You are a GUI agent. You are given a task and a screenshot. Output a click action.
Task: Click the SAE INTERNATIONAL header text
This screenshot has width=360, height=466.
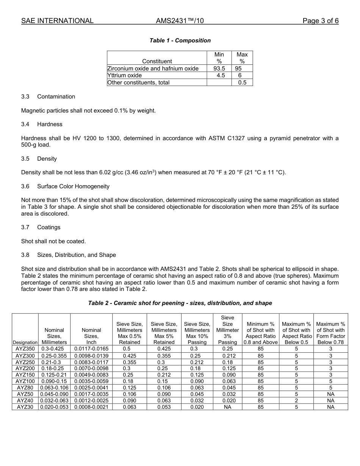[x=57, y=21]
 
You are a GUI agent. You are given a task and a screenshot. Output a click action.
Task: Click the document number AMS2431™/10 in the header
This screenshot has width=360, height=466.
[x=180, y=21]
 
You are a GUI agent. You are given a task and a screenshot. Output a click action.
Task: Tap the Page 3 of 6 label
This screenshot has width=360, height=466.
[x=320, y=21]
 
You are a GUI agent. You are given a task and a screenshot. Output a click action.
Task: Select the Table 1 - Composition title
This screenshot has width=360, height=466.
[x=180, y=41]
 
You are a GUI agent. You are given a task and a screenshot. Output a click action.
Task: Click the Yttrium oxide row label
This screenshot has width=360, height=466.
[x=125, y=75]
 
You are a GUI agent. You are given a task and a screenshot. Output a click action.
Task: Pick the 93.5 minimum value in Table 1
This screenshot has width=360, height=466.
[x=219, y=69]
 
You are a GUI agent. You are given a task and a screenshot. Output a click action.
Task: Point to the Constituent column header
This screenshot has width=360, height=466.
[x=157, y=61]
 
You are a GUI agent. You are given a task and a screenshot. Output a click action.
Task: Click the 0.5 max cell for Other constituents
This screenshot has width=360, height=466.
[x=242, y=82]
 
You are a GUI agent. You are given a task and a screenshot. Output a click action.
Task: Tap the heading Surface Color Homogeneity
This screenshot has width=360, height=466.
[x=73, y=186]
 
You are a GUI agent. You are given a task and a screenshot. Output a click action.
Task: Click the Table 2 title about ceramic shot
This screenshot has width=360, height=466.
[x=180, y=303]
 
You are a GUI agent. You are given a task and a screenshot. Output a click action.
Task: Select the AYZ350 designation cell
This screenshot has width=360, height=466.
[x=25, y=349]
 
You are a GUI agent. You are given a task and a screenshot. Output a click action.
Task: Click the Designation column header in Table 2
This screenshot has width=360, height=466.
[x=25, y=342]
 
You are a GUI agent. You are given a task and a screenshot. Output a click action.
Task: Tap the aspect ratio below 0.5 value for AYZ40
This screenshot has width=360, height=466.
[x=297, y=400]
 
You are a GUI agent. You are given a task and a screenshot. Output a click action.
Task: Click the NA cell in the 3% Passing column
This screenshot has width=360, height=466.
[x=227, y=407]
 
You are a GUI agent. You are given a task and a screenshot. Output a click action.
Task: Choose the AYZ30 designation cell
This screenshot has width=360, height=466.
[x=25, y=407]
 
